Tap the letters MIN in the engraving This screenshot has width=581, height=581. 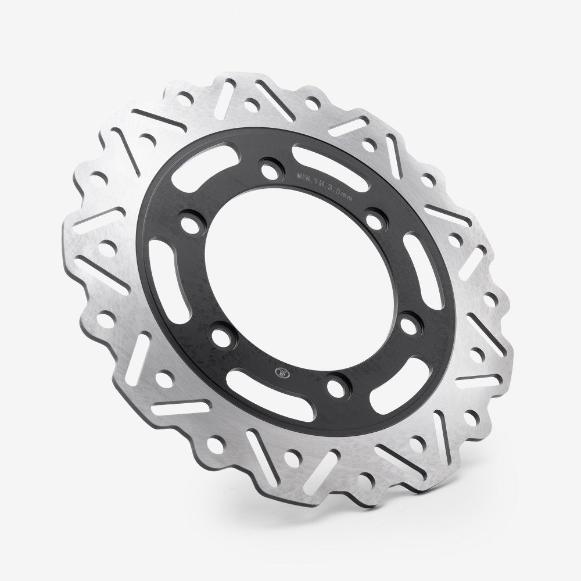click(x=303, y=174)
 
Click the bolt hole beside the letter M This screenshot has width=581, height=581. click(x=269, y=170)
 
